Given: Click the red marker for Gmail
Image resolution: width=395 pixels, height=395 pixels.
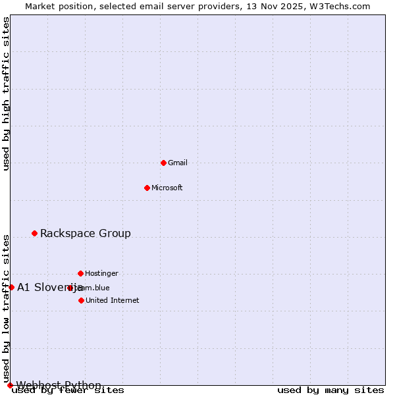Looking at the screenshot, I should pyautogui.click(x=163, y=163).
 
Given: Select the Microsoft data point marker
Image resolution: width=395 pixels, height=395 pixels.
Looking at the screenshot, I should pyautogui.click(x=147, y=188).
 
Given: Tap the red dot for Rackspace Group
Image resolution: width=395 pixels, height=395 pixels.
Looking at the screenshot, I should pyautogui.click(x=34, y=233).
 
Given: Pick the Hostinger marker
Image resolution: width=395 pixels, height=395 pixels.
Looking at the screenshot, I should pyautogui.click(x=80, y=273).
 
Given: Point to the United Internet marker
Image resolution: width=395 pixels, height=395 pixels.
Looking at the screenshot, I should pyautogui.click(x=81, y=300).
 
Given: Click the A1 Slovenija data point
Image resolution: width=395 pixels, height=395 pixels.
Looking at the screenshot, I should pyautogui.click(x=11, y=287).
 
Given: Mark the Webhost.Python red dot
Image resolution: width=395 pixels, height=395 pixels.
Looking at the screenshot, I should pyautogui.click(x=10, y=385).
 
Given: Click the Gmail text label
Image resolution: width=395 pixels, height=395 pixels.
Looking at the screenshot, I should pyautogui.click(x=178, y=163).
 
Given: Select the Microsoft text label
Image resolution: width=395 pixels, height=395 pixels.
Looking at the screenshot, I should pyautogui.click(x=167, y=188).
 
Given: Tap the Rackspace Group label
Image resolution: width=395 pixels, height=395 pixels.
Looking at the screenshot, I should pyautogui.click(x=86, y=233).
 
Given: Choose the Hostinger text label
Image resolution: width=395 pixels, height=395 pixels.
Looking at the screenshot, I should pyautogui.click(x=101, y=273).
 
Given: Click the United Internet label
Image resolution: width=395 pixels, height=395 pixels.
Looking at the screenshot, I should pyautogui.click(x=112, y=300).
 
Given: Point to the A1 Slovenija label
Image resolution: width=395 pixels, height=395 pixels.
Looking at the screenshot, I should pyautogui.click(x=50, y=287).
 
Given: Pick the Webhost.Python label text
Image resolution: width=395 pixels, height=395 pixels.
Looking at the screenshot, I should pyautogui.click(x=59, y=385).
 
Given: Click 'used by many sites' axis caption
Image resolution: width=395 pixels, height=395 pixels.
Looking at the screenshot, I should pyautogui.click(x=330, y=390).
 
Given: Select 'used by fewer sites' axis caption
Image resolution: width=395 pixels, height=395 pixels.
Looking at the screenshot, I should pyautogui.click(x=68, y=390).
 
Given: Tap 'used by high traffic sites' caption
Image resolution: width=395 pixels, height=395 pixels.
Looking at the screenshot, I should pyautogui.click(x=7, y=93).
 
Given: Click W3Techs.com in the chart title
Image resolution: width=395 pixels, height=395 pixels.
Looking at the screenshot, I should pyautogui.click(x=340, y=6).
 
